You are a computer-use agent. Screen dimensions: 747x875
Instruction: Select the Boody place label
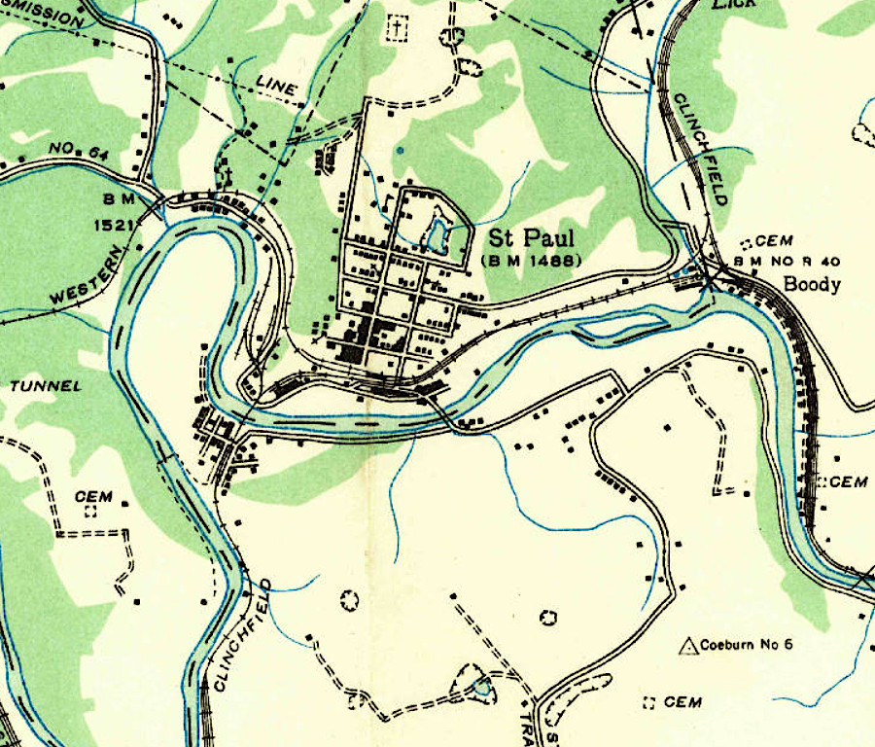point(811,285)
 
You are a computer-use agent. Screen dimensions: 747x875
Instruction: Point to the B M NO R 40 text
point(787,262)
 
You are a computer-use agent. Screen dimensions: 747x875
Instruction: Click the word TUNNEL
point(46,386)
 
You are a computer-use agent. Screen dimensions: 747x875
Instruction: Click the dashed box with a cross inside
point(396,28)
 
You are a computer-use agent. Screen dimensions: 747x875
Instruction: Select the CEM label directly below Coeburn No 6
point(682,702)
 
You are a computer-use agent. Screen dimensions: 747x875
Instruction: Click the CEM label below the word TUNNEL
point(93,496)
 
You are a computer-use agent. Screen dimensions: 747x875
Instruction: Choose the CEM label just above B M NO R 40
point(775,241)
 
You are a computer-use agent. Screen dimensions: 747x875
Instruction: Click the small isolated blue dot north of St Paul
point(400,150)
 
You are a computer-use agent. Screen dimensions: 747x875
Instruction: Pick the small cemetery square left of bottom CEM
point(649,702)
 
